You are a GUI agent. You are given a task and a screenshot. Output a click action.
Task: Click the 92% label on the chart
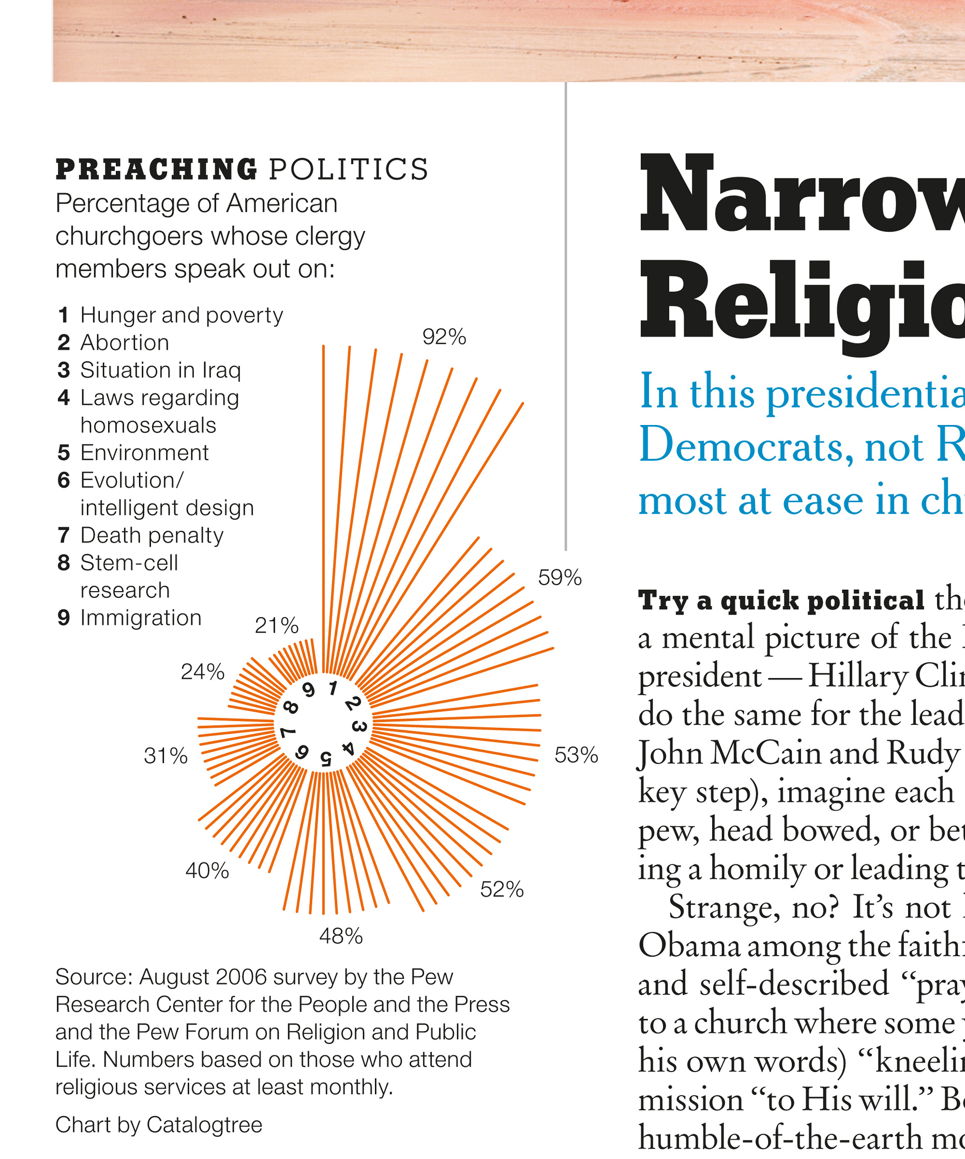coord(444,336)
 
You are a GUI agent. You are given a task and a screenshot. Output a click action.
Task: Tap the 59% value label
coord(560,578)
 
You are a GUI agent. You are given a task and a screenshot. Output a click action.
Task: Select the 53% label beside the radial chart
coord(576,755)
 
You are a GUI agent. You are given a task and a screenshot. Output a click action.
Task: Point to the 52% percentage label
coord(502,890)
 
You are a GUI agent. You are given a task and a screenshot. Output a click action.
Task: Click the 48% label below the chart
coord(341,936)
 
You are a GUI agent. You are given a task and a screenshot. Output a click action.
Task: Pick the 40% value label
coord(207,871)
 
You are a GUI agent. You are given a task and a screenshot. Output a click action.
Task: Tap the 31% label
coord(165,756)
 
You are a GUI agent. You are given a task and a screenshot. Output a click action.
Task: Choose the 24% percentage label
coord(202,672)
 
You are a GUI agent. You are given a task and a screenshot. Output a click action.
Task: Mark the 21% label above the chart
coord(276,626)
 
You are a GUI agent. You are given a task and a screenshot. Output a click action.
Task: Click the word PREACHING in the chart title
coord(157,169)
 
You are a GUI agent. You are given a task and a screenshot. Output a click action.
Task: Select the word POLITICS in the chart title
coord(349,169)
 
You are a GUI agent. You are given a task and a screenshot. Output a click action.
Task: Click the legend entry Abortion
coord(125,343)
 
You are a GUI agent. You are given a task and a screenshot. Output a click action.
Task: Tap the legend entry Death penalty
coord(152,535)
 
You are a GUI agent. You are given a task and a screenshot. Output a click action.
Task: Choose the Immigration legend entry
coord(141,618)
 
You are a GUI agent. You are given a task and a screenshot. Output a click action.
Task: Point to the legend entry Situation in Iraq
coord(160,370)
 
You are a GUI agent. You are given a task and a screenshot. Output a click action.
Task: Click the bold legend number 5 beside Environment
coord(64,453)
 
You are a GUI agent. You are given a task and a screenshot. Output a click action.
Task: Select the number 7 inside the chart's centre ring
coord(288,733)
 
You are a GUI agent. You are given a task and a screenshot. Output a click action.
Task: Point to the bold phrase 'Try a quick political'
coord(781,600)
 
